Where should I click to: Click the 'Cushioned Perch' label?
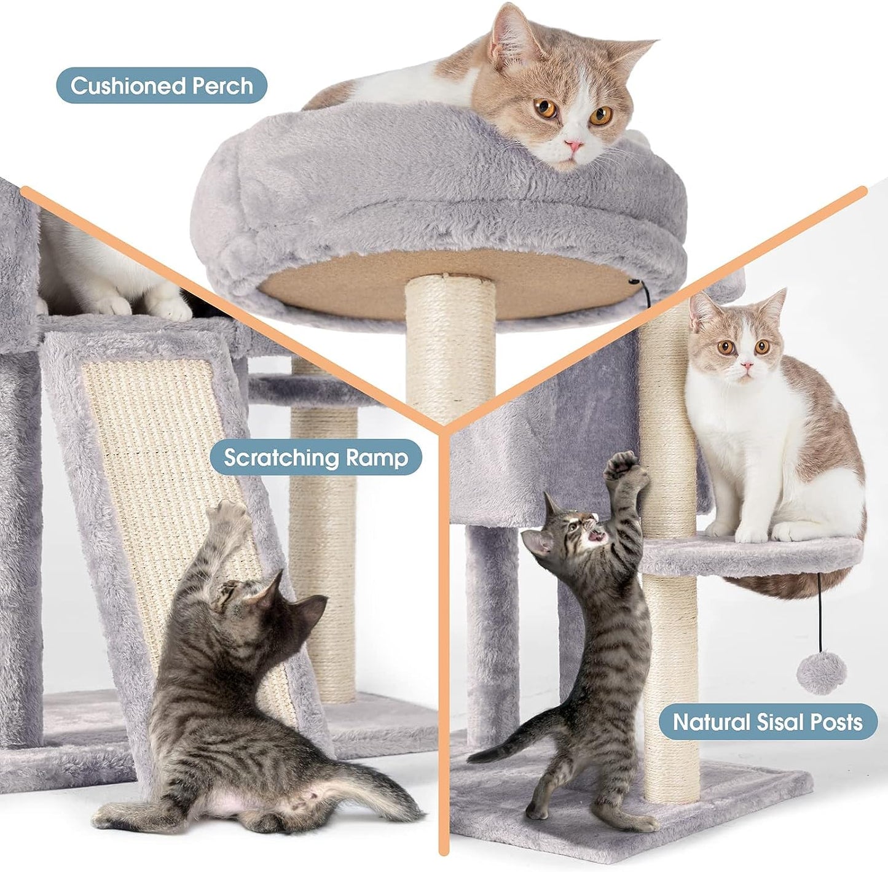click(162, 85)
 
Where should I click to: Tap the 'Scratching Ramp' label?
click(315, 457)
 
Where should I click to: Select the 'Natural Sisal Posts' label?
click(768, 722)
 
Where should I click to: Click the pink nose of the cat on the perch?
click(575, 146)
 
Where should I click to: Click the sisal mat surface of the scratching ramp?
click(154, 442)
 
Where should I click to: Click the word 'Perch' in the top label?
click(222, 85)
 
